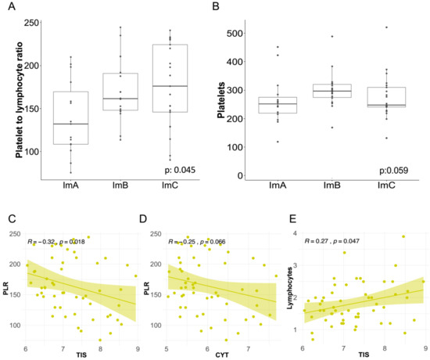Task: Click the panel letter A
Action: pyautogui.click(x=12, y=6)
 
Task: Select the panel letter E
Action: pyautogui.click(x=293, y=219)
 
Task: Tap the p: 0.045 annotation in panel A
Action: pyautogui.click(x=180, y=170)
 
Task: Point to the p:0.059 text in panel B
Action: pyautogui.click(x=393, y=171)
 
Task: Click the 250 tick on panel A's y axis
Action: pyautogui.click(x=31, y=23)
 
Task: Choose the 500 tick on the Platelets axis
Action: pyautogui.click(x=235, y=34)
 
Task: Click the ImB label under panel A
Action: pyautogui.click(x=120, y=185)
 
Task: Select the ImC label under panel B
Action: pyautogui.click(x=386, y=185)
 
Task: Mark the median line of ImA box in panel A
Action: pyautogui.click(x=70, y=124)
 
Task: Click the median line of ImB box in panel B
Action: pyautogui.click(x=332, y=91)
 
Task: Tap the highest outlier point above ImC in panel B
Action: pyautogui.click(x=387, y=27)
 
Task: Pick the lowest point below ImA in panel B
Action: pyautogui.click(x=278, y=142)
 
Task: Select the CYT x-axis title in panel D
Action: pyautogui.click(x=222, y=355)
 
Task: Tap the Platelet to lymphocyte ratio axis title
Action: pyautogui.click(x=20, y=99)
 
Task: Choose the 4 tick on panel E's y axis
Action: pyautogui.click(x=295, y=233)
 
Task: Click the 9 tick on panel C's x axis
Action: pyautogui.click(x=138, y=348)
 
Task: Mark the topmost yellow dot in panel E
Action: pyautogui.click(x=403, y=236)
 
